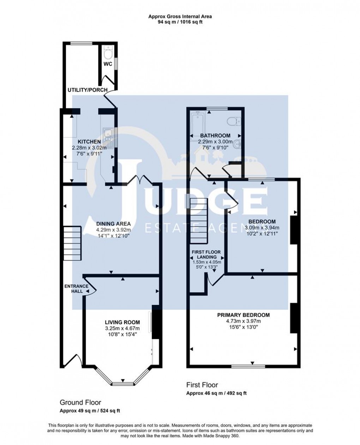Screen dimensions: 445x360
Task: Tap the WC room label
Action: coord(108,64)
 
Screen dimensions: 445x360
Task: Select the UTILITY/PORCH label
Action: coord(88,90)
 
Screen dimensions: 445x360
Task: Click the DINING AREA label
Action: coord(114,224)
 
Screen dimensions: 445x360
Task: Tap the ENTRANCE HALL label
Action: coord(73,289)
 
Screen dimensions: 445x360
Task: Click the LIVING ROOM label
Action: coord(122,322)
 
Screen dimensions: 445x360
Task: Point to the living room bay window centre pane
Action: coord(123,383)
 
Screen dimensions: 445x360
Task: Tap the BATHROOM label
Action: coord(215,136)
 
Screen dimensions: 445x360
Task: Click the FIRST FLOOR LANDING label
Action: coord(206,254)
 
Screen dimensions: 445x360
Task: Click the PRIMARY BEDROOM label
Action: coord(244,315)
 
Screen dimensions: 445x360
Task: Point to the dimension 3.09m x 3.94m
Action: coord(262,228)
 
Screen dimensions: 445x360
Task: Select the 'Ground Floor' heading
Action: coord(80,402)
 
